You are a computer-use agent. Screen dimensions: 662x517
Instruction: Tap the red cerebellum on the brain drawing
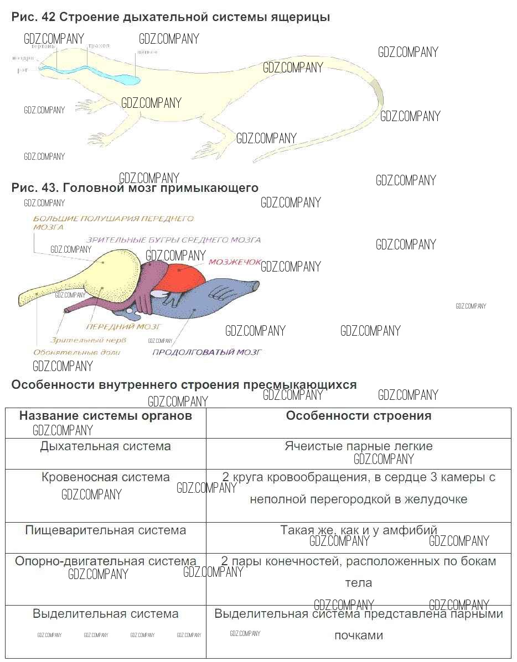point(186,275)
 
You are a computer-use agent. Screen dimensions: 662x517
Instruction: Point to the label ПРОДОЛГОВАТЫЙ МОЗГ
point(206,352)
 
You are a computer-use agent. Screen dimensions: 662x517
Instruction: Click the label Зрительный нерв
point(88,340)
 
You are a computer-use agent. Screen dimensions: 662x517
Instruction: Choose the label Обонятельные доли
point(77,352)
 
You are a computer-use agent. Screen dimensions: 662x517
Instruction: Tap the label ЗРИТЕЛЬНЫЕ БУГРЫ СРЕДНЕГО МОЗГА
point(173,240)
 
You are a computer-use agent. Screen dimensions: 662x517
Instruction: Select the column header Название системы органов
point(106,416)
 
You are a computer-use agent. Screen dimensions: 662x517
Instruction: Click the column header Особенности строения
point(358,416)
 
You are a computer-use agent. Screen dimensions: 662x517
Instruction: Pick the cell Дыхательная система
point(106,446)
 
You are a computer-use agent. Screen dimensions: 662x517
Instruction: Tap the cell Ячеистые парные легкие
point(358,446)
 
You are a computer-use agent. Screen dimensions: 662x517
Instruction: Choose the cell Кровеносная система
point(106,477)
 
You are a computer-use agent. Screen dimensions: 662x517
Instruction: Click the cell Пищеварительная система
point(106,530)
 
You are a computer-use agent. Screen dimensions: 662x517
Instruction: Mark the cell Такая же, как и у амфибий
point(358,530)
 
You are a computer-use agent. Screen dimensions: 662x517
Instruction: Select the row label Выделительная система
point(106,613)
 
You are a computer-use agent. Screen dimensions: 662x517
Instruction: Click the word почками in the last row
point(358,635)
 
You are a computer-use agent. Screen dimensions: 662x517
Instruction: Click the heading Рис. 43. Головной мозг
point(135,188)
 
